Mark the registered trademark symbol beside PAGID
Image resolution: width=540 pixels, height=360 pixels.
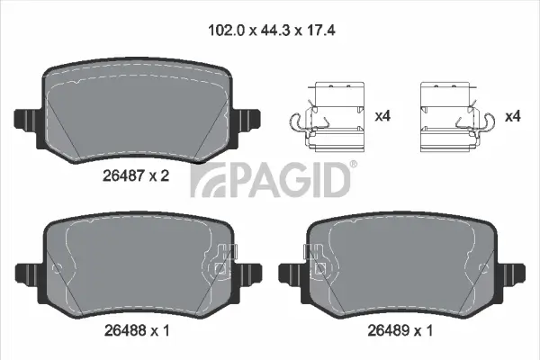coord(352,164)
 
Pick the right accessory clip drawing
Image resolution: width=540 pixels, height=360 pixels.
coord(446,117)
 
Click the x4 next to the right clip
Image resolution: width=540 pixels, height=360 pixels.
coord(513,116)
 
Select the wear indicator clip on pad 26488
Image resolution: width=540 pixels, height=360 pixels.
coord(223,264)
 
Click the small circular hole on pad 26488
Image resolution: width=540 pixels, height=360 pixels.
coord(58,267)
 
